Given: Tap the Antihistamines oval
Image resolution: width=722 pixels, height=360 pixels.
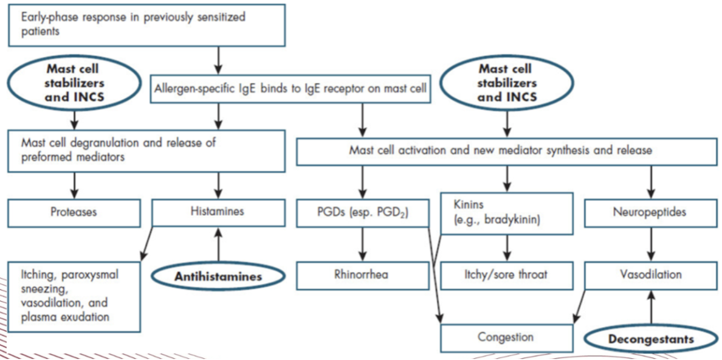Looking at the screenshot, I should tap(218, 277).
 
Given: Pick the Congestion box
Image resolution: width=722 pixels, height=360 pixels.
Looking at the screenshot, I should tap(506, 337).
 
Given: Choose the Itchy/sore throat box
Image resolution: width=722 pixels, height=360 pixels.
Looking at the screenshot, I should tap(506, 275).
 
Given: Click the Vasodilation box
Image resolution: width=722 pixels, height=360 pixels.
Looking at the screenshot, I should tap(651, 275).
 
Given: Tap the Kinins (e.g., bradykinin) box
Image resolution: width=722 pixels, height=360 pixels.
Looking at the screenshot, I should tap(506, 213).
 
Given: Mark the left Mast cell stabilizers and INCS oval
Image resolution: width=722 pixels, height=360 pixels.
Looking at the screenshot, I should tap(74, 83).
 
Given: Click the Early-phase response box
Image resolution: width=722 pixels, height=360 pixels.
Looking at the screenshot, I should tap(146, 25).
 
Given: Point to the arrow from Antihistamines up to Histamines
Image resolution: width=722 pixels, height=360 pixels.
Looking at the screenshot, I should tap(218, 246).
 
